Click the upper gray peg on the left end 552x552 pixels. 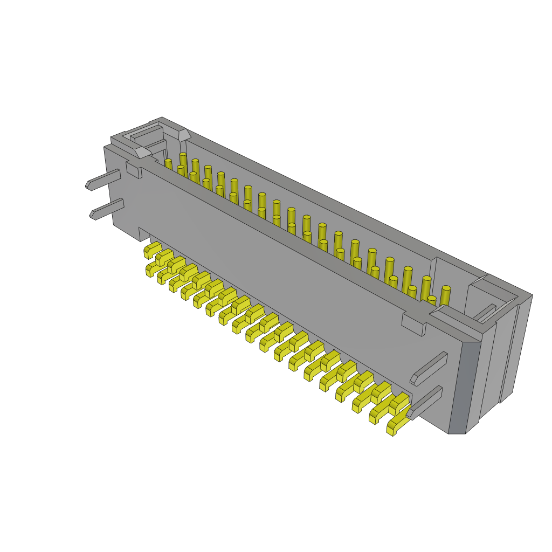pyautogui.click(x=104, y=180)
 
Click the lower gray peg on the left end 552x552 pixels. pyautogui.click(x=108, y=209)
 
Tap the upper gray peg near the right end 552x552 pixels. pyautogui.click(x=429, y=369)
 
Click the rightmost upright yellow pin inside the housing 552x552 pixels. pyautogui.click(x=445, y=295)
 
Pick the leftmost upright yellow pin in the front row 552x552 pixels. pyautogui.click(x=168, y=164)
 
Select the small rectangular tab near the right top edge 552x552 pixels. pyautogui.click(x=413, y=325)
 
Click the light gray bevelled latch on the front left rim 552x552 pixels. pyautogui.click(x=142, y=153)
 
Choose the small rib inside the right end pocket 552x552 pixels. pyautogui.click(x=485, y=312)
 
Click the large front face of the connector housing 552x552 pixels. pyautogui.click(x=270, y=270)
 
